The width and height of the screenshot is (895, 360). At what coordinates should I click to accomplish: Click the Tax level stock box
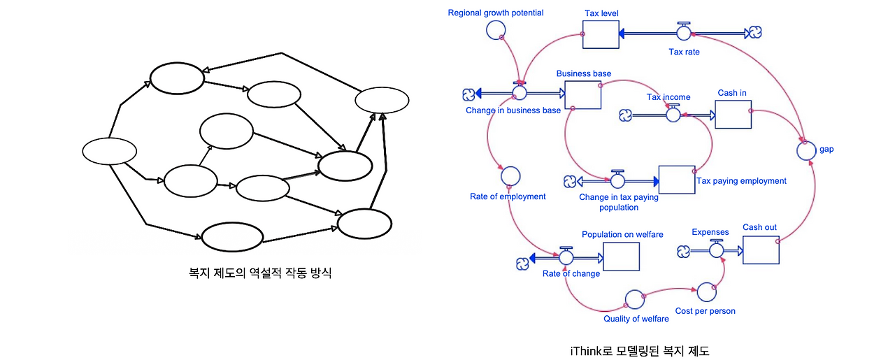601,34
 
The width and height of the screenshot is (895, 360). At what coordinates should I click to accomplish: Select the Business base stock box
583,94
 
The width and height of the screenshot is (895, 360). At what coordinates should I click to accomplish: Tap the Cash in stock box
733,114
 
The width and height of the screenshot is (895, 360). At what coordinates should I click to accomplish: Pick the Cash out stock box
761,250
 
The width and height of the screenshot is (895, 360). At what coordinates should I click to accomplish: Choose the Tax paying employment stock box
677,180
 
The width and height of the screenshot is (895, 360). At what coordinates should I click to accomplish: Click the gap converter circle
806,150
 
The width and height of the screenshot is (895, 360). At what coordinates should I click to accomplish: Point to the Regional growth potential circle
496,29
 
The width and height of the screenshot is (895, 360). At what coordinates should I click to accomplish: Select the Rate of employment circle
510,176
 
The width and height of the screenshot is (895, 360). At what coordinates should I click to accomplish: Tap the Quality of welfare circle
635,300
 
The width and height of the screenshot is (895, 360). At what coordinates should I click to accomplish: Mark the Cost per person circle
706,292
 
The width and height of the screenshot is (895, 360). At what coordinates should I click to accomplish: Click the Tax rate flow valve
684,31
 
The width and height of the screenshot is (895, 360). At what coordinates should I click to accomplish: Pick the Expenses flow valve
717,249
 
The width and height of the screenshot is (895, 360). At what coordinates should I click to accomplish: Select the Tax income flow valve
673,113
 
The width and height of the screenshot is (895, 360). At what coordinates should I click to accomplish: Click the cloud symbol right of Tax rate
755,32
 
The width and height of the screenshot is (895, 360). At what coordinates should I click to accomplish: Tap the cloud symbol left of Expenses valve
684,252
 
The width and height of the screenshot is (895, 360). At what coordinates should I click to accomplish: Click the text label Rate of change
571,274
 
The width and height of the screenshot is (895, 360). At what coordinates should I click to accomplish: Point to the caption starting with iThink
640,351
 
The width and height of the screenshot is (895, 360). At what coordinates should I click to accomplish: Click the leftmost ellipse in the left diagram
110,151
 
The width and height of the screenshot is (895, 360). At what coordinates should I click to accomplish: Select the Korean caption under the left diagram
260,273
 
